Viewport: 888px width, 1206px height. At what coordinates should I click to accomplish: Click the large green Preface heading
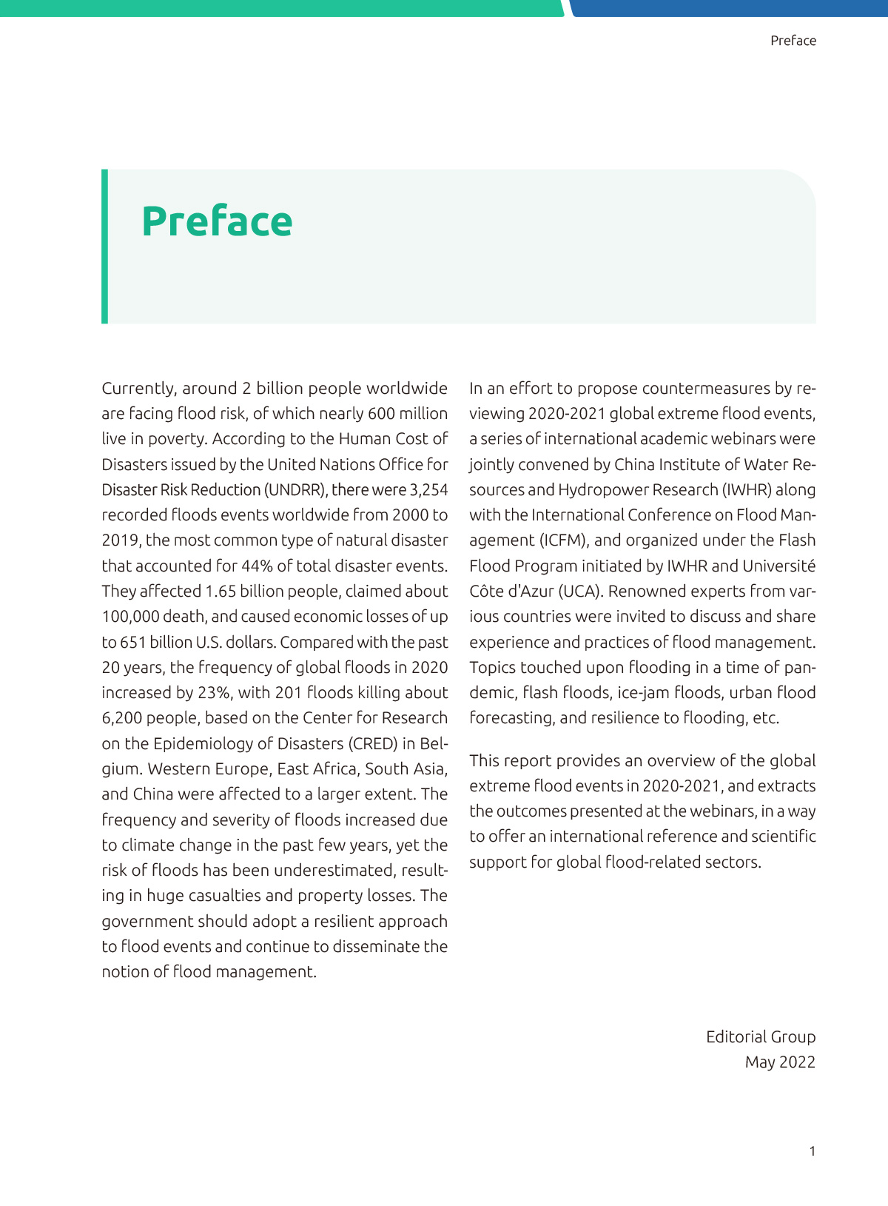coord(217,221)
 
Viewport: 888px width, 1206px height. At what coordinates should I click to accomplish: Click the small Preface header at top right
coord(793,41)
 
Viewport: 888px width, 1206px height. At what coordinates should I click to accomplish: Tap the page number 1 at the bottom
coord(812,1151)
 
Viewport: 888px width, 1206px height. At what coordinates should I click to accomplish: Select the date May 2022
coord(780,1062)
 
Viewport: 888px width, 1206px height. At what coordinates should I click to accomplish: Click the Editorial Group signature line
coord(760,1037)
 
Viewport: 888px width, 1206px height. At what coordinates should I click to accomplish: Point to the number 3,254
coord(428,490)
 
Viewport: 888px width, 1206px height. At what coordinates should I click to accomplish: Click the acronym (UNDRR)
coord(296,490)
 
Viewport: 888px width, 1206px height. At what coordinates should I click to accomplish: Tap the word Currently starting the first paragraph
coord(137,389)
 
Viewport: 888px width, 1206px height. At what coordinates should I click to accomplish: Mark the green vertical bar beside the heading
coord(104,247)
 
